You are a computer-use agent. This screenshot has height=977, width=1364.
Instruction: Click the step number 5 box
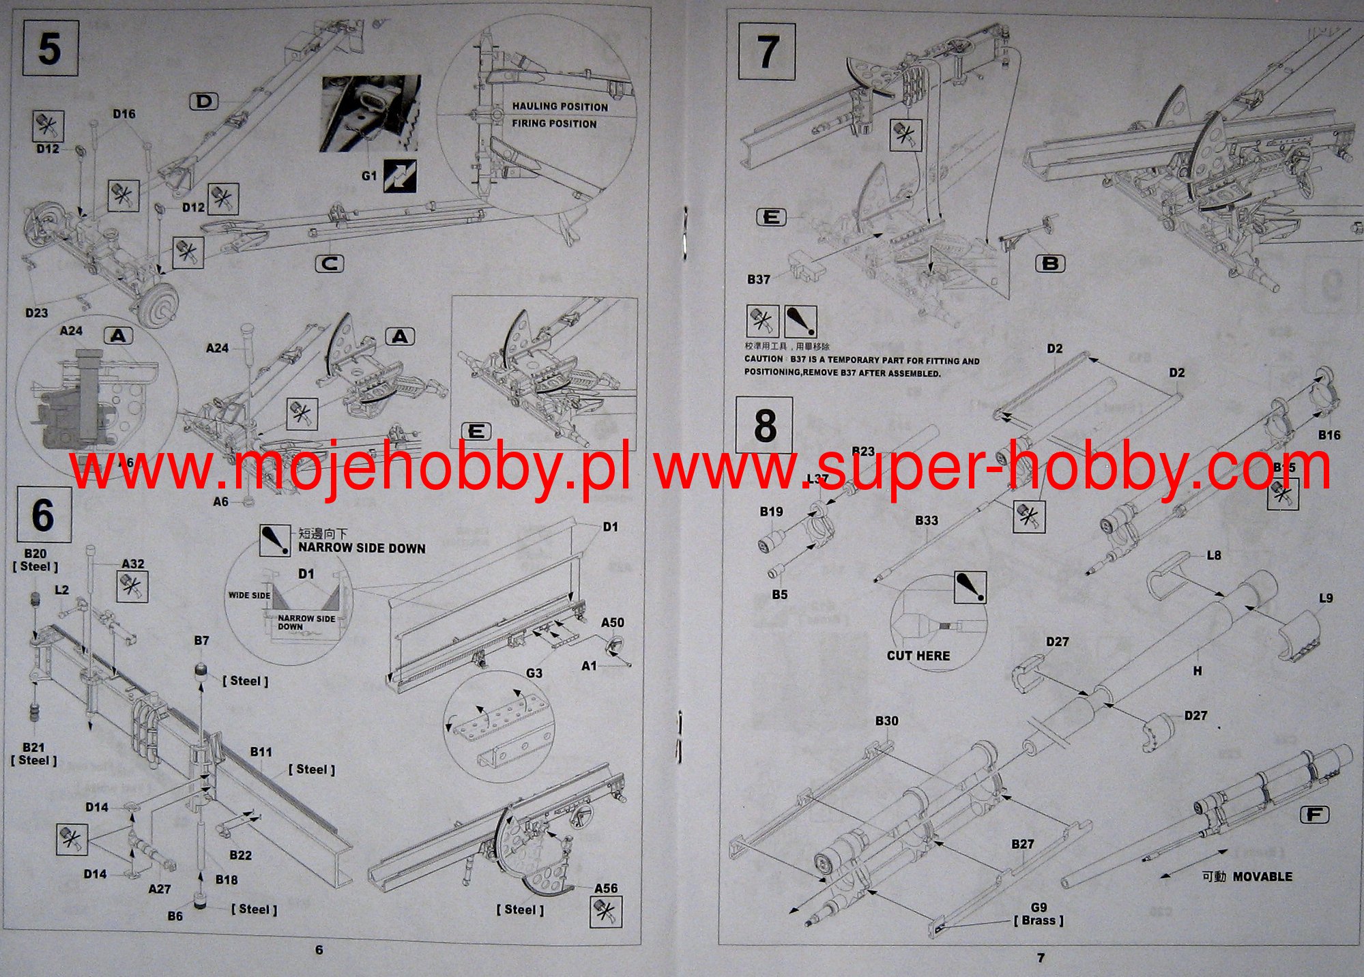[x=50, y=48]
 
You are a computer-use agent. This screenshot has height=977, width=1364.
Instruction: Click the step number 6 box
[x=43, y=514]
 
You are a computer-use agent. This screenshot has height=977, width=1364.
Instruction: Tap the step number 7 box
[x=767, y=51]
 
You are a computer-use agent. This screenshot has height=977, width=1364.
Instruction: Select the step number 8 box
[x=764, y=425]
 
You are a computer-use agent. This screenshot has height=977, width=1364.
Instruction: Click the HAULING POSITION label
[x=560, y=106]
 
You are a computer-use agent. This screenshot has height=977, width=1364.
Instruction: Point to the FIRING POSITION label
[x=554, y=123]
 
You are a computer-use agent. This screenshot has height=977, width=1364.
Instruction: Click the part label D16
[x=124, y=114]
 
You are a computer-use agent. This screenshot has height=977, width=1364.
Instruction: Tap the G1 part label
[x=369, y=176]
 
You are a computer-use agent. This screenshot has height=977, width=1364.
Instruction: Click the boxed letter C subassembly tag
[x=330, y=263]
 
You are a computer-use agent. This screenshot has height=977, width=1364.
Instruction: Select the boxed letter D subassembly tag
[x=203, y=102]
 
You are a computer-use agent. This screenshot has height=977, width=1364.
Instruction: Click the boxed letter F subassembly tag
[x=1314, y=815]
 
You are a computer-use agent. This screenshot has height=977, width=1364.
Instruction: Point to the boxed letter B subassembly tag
[x=1050, y=263]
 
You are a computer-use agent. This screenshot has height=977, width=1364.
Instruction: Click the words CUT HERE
[x=918, y=656]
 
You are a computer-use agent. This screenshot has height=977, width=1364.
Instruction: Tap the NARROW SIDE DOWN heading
[x=362, y=549]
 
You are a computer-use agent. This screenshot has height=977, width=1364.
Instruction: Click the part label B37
[x=758, y=279]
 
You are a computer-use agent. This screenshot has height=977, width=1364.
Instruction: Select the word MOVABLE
[x=1262, y=877]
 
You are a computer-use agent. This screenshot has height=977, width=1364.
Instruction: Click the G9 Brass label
[x=1039, y=914]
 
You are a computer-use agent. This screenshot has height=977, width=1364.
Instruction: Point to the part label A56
[x=606, y=888]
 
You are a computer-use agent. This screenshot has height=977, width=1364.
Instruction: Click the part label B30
[x=886, y=720]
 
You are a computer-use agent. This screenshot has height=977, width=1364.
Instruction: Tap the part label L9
[x=1326, y=598]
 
